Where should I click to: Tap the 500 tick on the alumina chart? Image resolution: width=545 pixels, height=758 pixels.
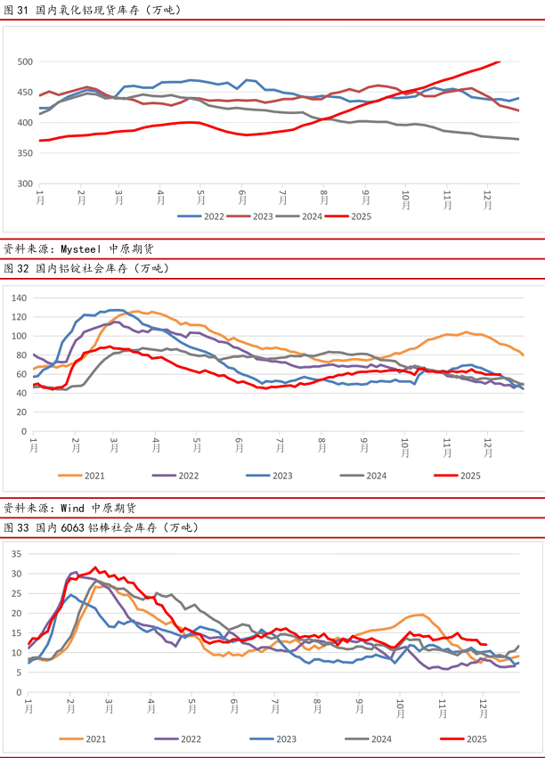tap(24, 61)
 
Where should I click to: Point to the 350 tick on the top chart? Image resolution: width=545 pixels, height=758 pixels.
tap(24, 153)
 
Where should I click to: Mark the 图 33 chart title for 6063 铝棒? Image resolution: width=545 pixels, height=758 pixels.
tap(101, 527)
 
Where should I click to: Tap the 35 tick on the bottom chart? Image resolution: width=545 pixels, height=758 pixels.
tap(16, 554)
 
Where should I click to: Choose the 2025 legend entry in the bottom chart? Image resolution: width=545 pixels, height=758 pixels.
tap(470, 738)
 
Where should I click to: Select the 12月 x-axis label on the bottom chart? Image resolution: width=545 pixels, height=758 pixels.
tap(485, 708)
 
